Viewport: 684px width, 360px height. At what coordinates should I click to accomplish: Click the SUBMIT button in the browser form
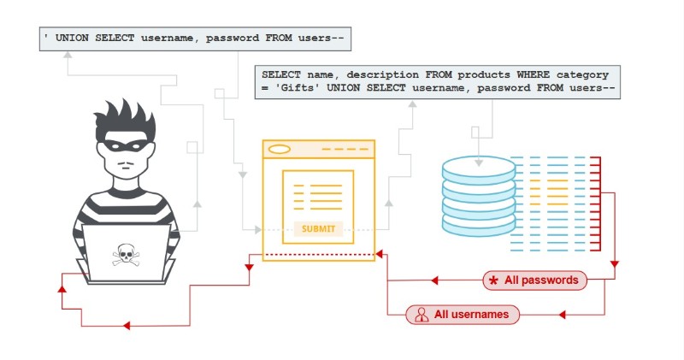click(318, 229)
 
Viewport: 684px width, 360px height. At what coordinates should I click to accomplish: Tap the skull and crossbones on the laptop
click(126, 254)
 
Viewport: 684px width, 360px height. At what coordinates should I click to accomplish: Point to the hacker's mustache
click(125, 162)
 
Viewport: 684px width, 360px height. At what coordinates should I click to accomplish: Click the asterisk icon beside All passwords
click(493, 280)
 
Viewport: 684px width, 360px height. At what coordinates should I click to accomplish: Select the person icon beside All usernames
click(421, 315)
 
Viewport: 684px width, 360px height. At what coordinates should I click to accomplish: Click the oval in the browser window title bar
click(280, 149)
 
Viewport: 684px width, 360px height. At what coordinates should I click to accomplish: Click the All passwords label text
click(541, 280)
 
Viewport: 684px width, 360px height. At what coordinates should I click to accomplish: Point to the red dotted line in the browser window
click(318, 255)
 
